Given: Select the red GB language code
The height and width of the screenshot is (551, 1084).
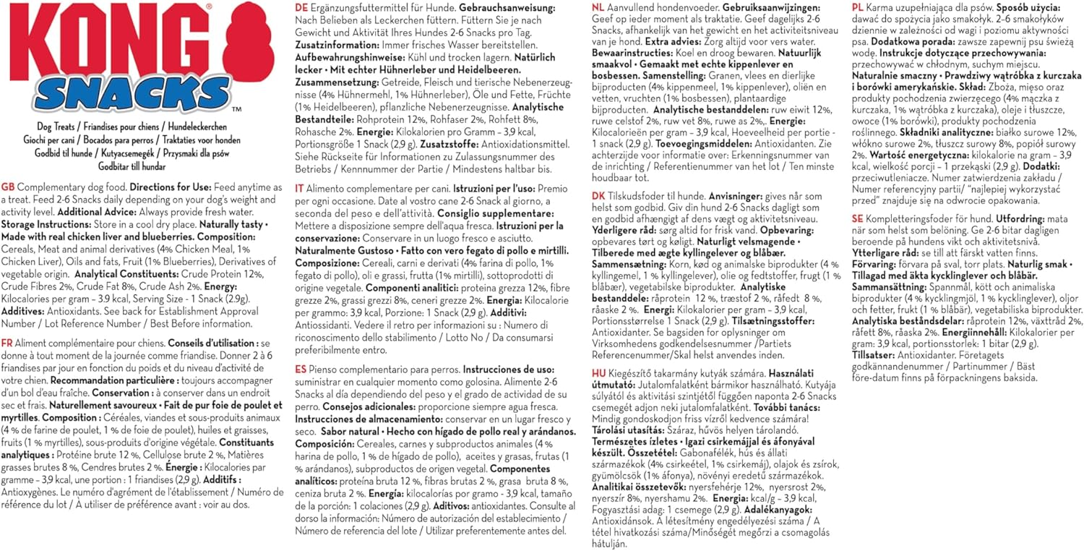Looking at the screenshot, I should pos(8,186).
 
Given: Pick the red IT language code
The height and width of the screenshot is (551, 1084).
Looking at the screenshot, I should pos(300,188).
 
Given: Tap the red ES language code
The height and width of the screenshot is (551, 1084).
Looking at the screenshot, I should pos(301,368).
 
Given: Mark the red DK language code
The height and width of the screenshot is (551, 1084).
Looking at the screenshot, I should pos(598,215).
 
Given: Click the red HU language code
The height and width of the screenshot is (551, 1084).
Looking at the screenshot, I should pos(598,372).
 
